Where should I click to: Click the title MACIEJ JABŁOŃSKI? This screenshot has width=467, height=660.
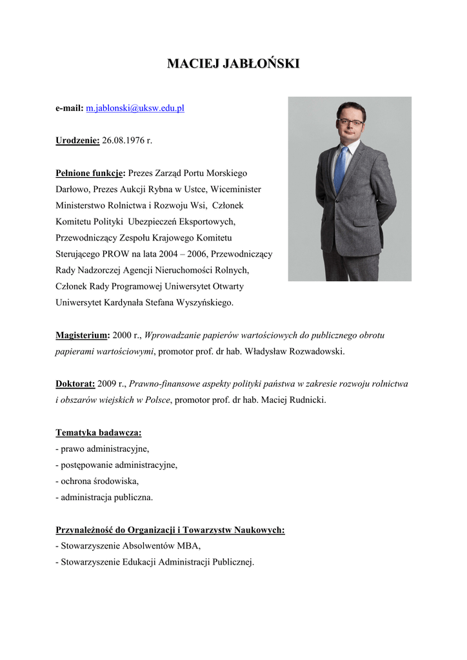point(234,64)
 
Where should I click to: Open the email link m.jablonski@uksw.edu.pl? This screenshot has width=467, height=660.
point(135,108)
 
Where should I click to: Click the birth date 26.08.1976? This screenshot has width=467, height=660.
point(123,140)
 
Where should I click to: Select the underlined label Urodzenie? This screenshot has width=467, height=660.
point(77,140)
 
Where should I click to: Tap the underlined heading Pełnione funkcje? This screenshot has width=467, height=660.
point(90,173)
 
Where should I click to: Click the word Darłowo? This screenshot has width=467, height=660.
point(72,189)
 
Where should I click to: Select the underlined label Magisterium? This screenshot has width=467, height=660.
point(82,335)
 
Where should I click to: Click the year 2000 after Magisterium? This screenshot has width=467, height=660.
point(123,335)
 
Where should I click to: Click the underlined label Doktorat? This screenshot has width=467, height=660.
point(75,383)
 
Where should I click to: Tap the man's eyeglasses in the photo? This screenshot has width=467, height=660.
point(350,122)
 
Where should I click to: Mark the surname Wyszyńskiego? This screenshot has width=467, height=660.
point(204,302)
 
